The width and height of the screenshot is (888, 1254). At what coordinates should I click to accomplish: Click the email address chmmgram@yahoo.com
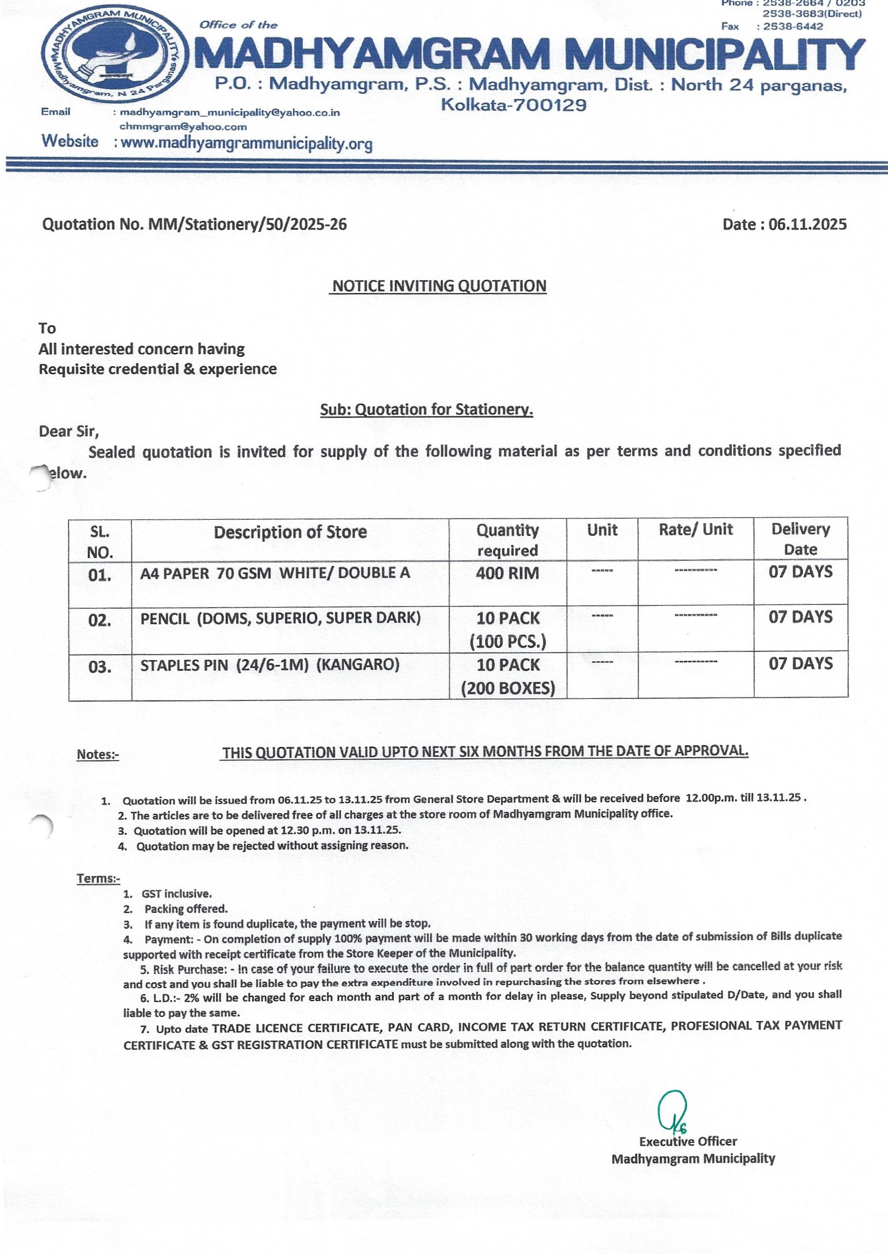[183, 127]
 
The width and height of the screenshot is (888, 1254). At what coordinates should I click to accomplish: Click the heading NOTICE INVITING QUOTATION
[439, 286]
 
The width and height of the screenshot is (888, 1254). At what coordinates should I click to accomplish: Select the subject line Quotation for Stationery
[426, 409]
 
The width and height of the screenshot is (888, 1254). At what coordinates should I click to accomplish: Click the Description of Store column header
[290, 532]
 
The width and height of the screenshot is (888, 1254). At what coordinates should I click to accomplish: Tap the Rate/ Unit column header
[696, 529]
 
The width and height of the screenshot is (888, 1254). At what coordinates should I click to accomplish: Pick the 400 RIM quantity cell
[507, 573]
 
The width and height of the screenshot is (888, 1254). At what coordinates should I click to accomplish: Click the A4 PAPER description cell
[275, 573]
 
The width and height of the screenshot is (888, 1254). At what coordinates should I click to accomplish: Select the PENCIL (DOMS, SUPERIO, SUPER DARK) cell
[280, 618]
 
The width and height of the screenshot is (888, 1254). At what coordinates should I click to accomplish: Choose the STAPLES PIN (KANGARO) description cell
[270, 665]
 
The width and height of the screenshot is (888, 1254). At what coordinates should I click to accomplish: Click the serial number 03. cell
[100, 666]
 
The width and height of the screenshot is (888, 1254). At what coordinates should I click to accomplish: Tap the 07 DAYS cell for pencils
[800, 616]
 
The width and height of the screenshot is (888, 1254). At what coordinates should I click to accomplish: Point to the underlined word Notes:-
[98, 754]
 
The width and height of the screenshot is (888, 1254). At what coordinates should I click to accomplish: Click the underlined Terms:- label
[98, 878]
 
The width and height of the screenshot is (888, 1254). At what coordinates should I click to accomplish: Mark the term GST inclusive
[176, 894]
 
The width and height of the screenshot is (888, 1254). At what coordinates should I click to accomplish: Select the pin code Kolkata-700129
[513, 104]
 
